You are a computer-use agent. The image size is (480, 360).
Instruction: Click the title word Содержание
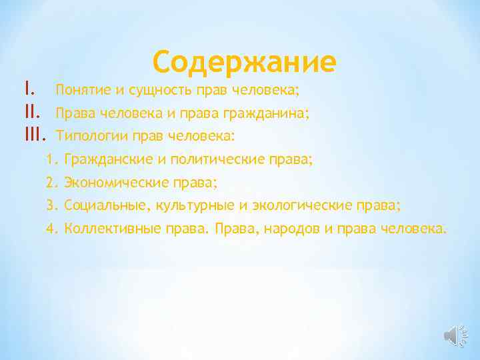click(244, 63)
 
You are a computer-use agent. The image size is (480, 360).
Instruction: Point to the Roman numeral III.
click(33, 135)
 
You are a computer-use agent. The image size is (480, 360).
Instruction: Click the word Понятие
click(80, 89)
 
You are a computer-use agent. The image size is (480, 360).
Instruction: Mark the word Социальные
click(101, 205)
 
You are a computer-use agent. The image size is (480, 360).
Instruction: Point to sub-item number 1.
click(53, 160)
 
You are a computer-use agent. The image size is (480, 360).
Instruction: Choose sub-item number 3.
click(53, 205)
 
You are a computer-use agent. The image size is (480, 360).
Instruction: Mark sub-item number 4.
click(53, 229)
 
